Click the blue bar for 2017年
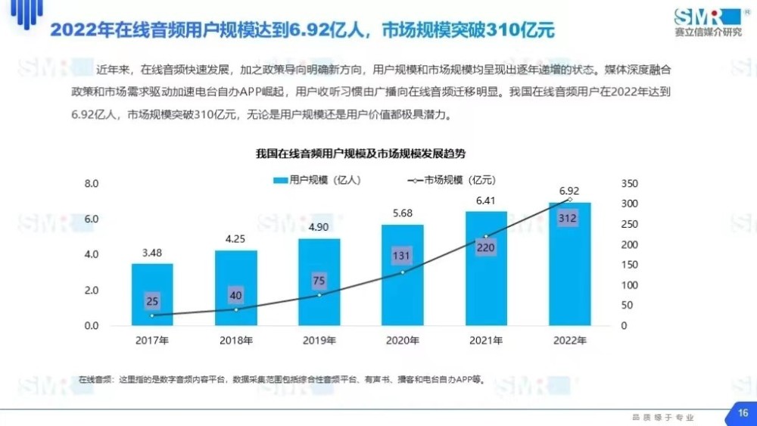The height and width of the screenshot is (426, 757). click(x=152, y=294)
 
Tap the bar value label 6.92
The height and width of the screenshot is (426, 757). click(x=569, y=191)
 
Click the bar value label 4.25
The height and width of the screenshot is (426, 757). click(x=235, y=238)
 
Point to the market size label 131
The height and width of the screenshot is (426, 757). click(x=402, y=256)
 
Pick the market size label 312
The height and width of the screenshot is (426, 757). click(x=569, y=219)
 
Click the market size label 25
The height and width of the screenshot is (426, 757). click(x=152, y=302)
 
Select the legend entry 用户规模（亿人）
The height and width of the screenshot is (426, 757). click(x=317, y=180)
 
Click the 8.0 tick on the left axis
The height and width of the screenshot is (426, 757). click(x=92, y=184)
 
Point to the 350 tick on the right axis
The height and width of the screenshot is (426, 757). click(x=628, y=184)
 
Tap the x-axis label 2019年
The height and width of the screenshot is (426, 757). click(x=319, y=340)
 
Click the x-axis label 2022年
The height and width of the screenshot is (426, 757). click(x=569, y=340)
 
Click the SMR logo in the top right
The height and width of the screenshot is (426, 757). click(x=708, y=20)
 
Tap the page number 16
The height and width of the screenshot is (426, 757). click(x=743, y=413)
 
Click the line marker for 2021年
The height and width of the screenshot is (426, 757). click(x=486, y=236)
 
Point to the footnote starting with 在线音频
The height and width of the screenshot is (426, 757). click(x=280, y=379)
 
